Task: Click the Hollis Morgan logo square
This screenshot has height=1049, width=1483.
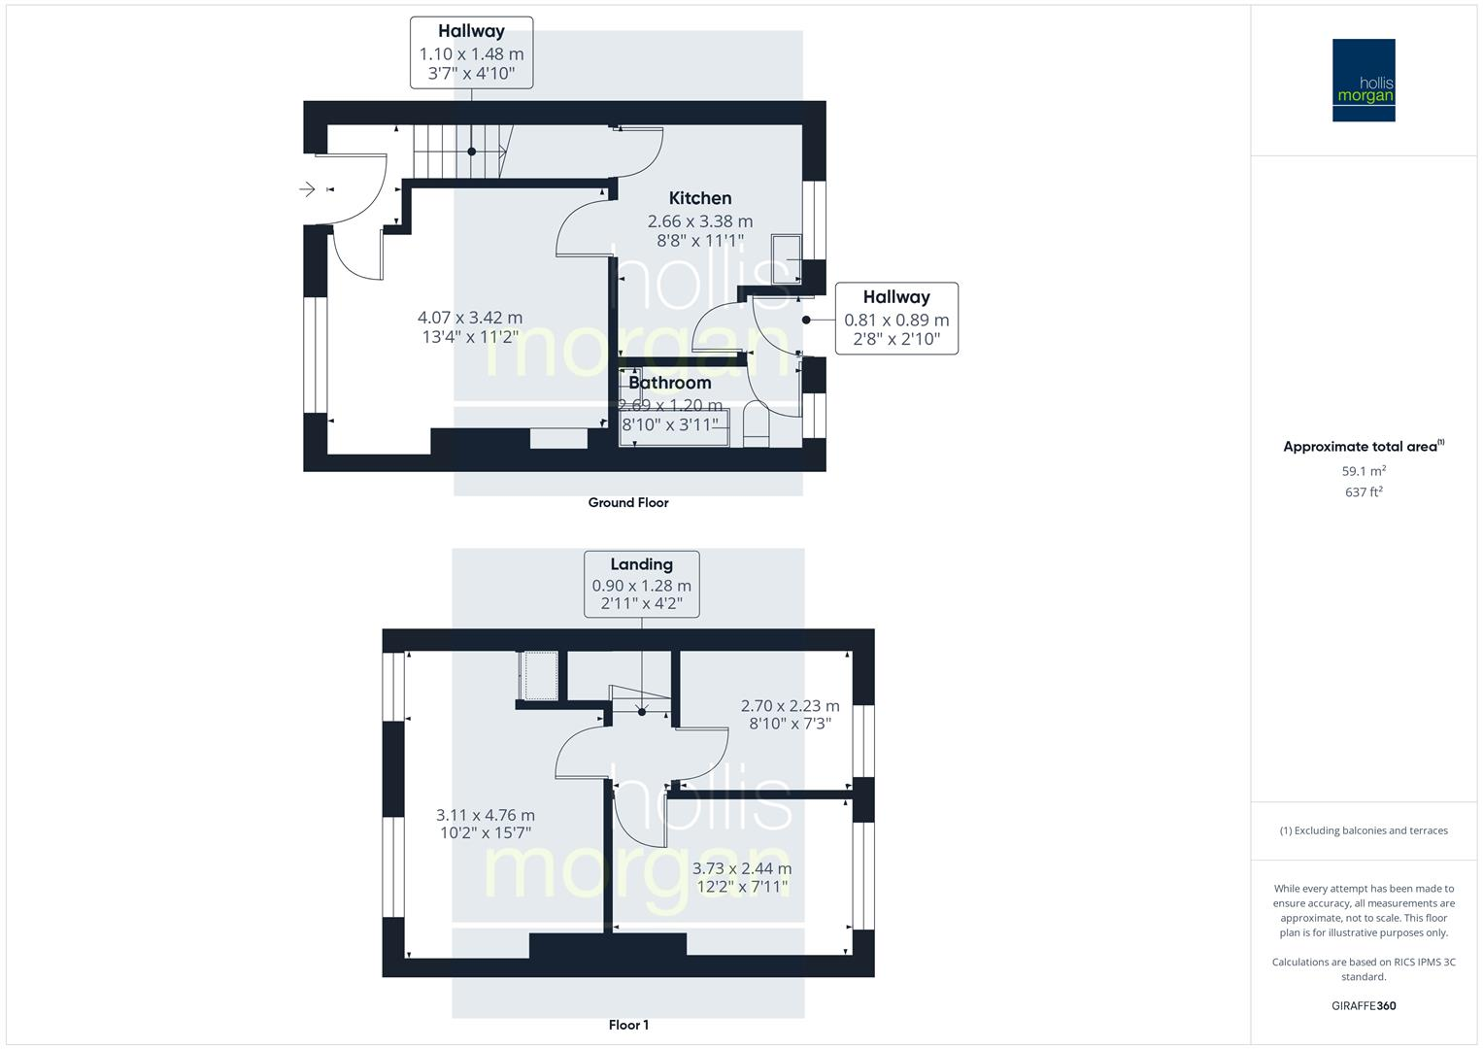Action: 1364,80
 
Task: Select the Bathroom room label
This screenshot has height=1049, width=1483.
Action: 669,383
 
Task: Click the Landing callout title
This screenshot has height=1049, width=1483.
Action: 641,564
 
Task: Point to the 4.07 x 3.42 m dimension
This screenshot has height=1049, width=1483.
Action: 470,318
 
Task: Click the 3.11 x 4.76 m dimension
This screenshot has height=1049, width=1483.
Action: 486,816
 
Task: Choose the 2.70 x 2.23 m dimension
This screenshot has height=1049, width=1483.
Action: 791,706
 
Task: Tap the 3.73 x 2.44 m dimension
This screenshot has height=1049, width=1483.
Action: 742,868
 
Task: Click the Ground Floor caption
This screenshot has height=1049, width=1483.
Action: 628,502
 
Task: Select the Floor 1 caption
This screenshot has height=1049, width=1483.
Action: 628,1025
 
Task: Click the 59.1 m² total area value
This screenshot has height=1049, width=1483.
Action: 1364,471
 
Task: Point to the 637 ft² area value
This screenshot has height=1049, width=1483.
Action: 1364,492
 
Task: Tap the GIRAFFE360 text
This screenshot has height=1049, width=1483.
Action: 1364,1005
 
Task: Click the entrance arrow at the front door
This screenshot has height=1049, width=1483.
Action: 308,189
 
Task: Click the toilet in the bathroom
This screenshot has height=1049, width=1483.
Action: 756,428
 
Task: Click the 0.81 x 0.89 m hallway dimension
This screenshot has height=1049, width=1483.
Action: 896,320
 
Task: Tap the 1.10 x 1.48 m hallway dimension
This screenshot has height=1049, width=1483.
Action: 471,54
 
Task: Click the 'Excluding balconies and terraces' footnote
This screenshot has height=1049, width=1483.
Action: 1364,830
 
